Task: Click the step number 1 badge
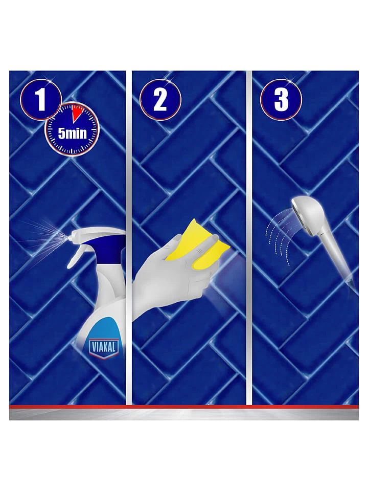click(x=41, y=100)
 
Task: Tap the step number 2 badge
click(x=160, y=100)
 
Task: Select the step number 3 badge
click(x=281, y=100)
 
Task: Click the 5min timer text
click(x=72, y=133)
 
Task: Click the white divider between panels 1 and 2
click(x=128, y=238)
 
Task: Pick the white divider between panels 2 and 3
click(x=249, y=238)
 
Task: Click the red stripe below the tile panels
click(x=184, y=407)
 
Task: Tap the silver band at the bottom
click(x=184, y=415)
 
